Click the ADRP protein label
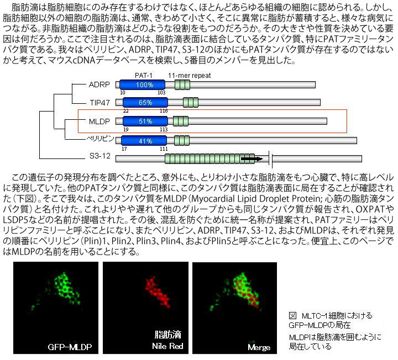(99, 84)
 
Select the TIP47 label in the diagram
(99, 103)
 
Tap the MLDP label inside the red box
(99, 121)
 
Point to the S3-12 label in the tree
(100, 156)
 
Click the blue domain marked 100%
(143, 84)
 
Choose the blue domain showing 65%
(145, 103)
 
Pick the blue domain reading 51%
(145, 121)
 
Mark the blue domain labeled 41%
(144, 141)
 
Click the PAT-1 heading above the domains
(144, 75)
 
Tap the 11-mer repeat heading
(190, 75)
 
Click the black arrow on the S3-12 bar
(252, 159)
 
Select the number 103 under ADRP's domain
(161, 93)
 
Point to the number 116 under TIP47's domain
(164, 111)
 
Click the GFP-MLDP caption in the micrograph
(70, 347)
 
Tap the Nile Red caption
(167, 346)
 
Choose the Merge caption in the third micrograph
(259, 347)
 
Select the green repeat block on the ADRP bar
(182, 84)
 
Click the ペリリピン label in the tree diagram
(100, 139)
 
